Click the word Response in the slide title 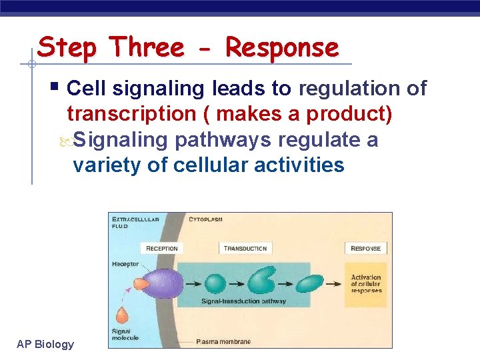pos(282,48)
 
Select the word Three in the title pos(147,48)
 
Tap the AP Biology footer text pos(45,344)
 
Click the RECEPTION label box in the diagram pos(162,249)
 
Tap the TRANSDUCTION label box pos(245,249)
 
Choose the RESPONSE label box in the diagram pos(366,249)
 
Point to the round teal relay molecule pos(215,283)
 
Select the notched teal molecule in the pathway pos(262,283)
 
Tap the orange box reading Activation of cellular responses pos(366,284)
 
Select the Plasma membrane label pos(223,341)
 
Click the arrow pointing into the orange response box pos(335,283)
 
